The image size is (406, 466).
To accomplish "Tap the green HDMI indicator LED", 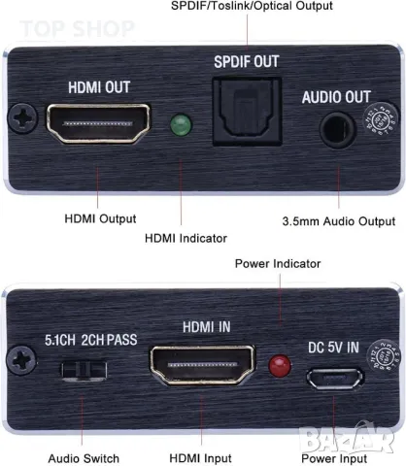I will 179,125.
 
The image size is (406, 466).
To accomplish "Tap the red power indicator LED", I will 281,367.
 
